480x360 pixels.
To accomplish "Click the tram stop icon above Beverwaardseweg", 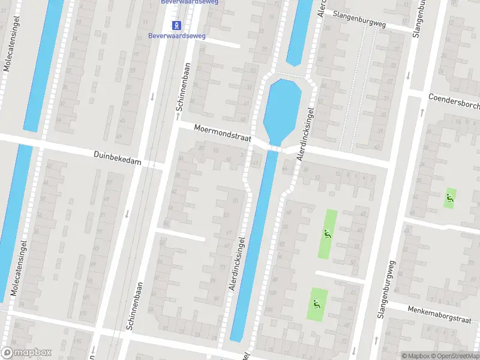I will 177,25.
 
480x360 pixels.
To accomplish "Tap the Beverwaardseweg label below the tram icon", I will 177,36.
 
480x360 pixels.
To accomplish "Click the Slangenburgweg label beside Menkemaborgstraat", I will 384,294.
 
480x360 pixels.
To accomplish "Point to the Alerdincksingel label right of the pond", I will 305,133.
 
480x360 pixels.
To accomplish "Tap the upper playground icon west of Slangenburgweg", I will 328,235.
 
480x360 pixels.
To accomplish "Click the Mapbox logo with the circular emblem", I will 26,353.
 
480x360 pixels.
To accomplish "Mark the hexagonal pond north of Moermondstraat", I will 282,108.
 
